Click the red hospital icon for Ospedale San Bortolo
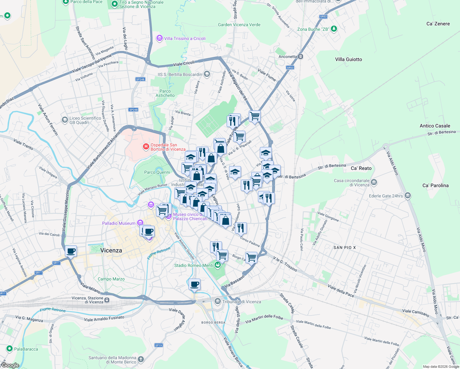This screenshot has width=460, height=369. tap(146, 147)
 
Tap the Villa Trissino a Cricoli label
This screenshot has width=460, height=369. tap(184, 38)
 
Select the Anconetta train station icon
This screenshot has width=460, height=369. tap(301, 57)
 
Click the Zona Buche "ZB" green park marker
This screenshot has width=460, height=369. tap(334, 29)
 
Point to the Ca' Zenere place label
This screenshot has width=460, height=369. tap(438, 24)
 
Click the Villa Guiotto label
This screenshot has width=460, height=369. tap(348, 59)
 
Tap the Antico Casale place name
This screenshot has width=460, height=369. tap(435, 126)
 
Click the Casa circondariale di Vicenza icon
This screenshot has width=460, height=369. tap(374, 182)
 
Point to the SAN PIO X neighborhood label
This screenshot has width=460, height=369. tap(344, 248)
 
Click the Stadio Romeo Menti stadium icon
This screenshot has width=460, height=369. tap(218, 265)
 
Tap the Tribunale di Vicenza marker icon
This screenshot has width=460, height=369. tap(218, 301)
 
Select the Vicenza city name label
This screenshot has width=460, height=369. tap(111, 250)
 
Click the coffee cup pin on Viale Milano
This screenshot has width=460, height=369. tap(71, 251)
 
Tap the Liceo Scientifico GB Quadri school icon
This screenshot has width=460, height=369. tap(65, 120)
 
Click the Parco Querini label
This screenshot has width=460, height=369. tap(157, 172)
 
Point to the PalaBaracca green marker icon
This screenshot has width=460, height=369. tap(10, 349)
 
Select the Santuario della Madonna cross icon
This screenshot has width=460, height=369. tap(141, 359)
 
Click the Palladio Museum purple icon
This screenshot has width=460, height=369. tap(140, 223)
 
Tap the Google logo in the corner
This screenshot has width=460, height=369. tap(10, 365)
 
